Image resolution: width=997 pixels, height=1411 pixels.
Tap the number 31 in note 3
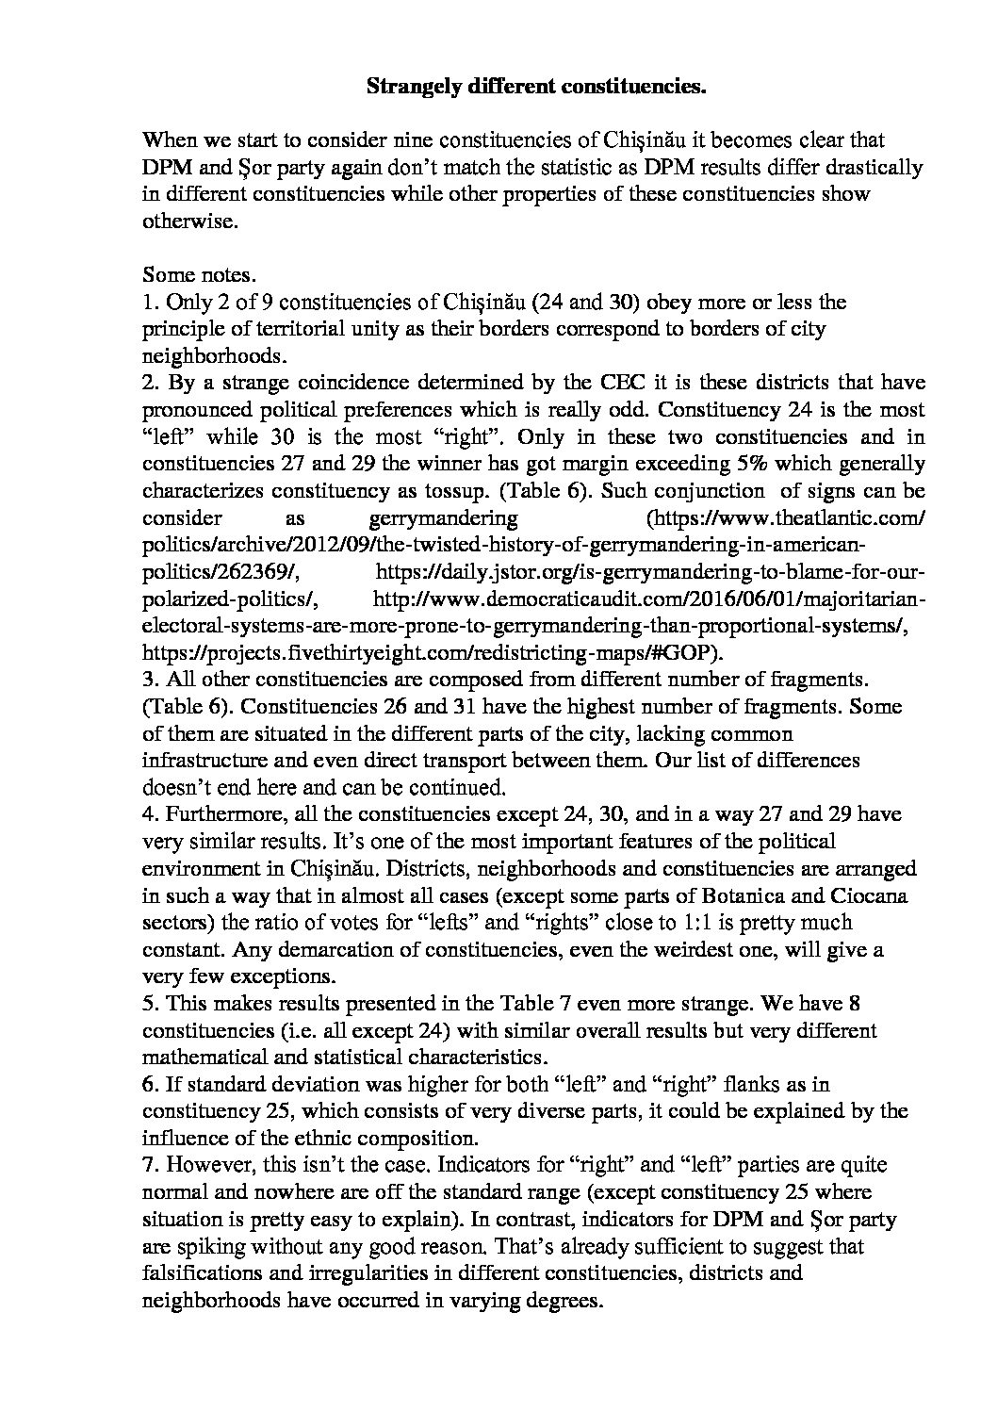pyautogui.click(x=456, y=706)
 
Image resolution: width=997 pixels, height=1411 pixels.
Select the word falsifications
pyautogui.click(x=199, y=1273)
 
